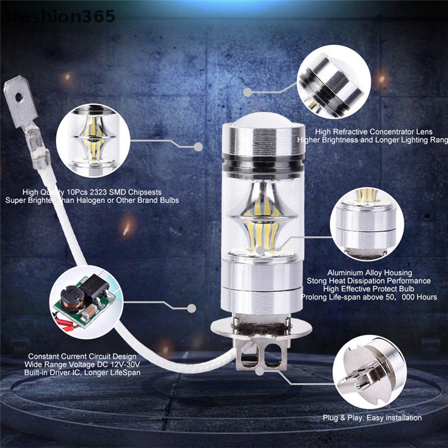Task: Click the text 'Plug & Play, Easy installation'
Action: [x=372, y=418]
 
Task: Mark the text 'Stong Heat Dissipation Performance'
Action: [x=368, y=281]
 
